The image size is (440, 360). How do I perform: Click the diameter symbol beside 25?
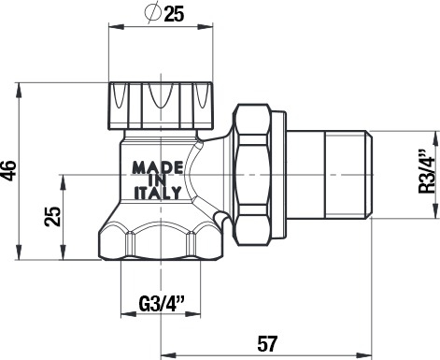pos(153,12)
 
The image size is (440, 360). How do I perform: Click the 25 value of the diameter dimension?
pos(175,14)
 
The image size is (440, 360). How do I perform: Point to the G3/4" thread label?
pos(162,304)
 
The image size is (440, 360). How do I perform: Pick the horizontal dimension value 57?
pos(267,344)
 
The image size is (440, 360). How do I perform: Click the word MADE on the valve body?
pos(158,167)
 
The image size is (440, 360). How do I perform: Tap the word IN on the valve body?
pos(158,180)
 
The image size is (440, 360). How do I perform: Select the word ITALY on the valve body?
pos(158,194)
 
